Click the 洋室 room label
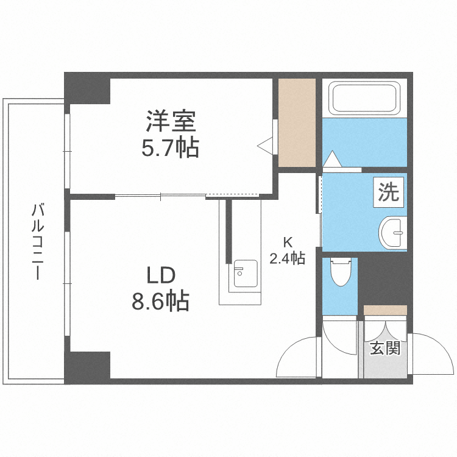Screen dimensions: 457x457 170,121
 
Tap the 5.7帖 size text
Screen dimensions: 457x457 170,148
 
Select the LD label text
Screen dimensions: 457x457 160,275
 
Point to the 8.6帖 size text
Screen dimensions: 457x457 160,301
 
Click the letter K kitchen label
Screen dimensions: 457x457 288,240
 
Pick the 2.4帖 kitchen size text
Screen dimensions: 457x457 288,258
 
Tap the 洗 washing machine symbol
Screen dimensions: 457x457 388,193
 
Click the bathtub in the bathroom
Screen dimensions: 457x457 364,98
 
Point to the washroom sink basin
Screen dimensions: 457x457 392,232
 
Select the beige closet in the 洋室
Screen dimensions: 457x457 297,122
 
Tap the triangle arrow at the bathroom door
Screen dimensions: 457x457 333,159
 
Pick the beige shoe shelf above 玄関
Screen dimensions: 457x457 385,310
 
